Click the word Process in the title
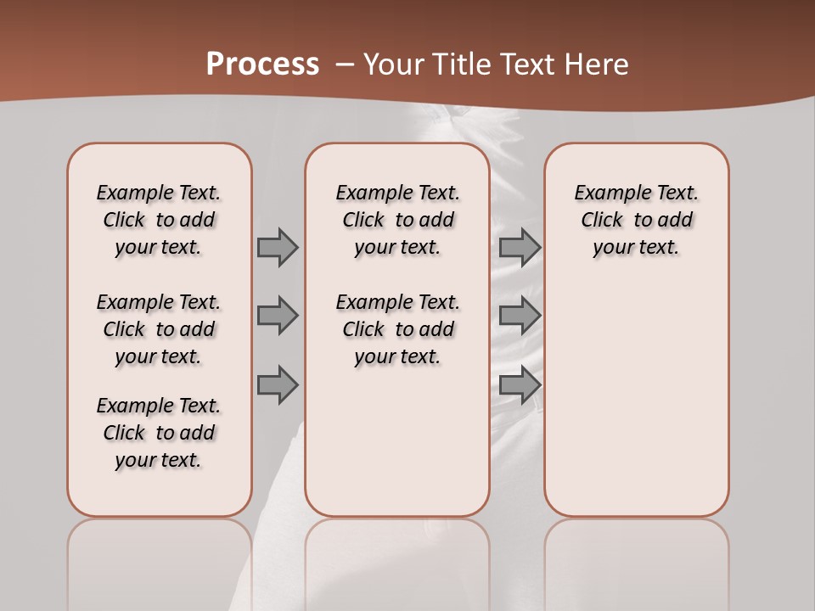tap(262, 64)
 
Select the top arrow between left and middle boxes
tap(278, 247)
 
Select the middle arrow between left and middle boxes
tap(278, 316)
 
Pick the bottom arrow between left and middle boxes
tap(278, 384)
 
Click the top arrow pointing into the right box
tap(520, 247)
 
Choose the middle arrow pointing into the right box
tap(520, 316)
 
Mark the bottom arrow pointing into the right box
tap(520, 384)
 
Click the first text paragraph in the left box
tap(159, 220)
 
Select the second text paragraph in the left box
tap(159, 329)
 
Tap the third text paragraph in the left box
tap(159, 433)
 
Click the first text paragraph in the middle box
tap(397, 220)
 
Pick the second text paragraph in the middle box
tap(397, 329)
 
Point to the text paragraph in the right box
tap(637, 220)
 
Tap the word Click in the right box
tap(602, 221)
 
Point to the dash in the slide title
tap(345, 64)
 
